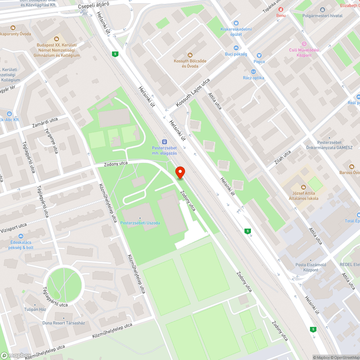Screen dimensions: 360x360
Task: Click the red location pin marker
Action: pyautogui.click(x=180, y=172)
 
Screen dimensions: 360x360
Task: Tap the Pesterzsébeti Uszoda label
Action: pyautogui.click(x=140, y=223)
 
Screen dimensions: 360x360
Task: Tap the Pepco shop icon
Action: pyautogui.click(x=259, y=55)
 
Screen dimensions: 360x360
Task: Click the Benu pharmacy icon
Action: pyautogui.click(x=281, y=9)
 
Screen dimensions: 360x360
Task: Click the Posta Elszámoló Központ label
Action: pyautogui.click(x=311, y=267)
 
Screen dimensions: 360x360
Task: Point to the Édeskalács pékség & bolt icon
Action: pyautogui.click(x=21, y=237)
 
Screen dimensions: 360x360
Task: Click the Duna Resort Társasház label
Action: pyautogui.click(x=64, y=323)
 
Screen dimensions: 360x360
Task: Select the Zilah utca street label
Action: pyautogui.click(x=283, y=157)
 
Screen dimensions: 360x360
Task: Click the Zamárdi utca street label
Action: pyautogui.click(x=45, y=122)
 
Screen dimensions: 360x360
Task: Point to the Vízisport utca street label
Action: pyautogui.click(x=13, y=228)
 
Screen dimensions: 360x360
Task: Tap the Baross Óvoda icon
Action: pyautogui.click(x=351, y=166)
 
